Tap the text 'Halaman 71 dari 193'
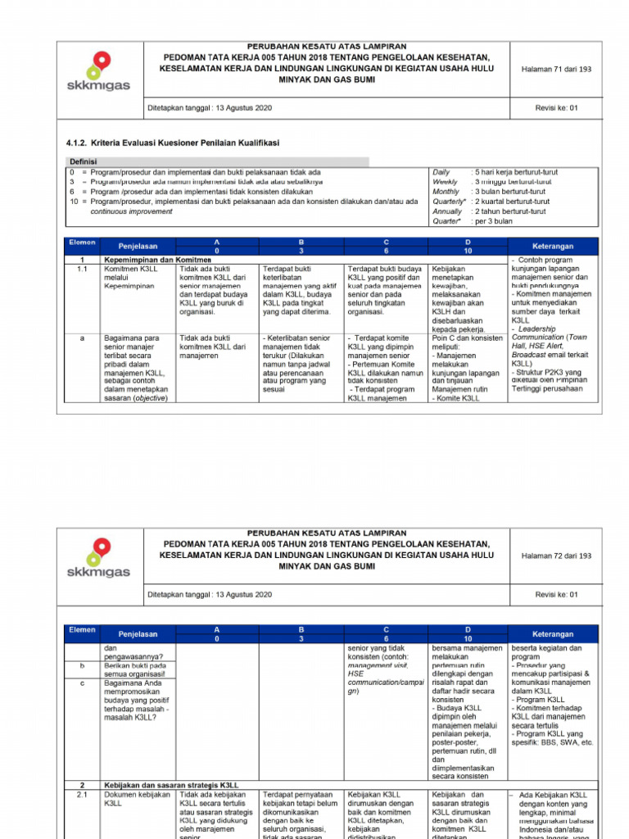tap(556, 70)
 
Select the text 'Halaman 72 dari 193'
tap(556, 556)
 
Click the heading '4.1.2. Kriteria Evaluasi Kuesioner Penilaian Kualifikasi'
tap(173, 143)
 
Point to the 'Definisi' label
tap(84, 162)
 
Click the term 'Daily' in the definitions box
tap(441, 172)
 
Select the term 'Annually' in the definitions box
tap(447, 211)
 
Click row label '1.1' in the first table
tap(82, 269)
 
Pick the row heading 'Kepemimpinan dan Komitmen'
tap(157, 260)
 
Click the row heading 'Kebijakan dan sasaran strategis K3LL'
tap(170, 785)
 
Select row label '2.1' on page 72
tap(82, 794)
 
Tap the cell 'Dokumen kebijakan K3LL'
tap(137, 799)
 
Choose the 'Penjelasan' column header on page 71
tap(137, 246)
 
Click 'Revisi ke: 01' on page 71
tap(556, 107)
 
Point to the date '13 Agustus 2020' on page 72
tap(243, 593)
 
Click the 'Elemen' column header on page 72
tap(82, 629)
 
